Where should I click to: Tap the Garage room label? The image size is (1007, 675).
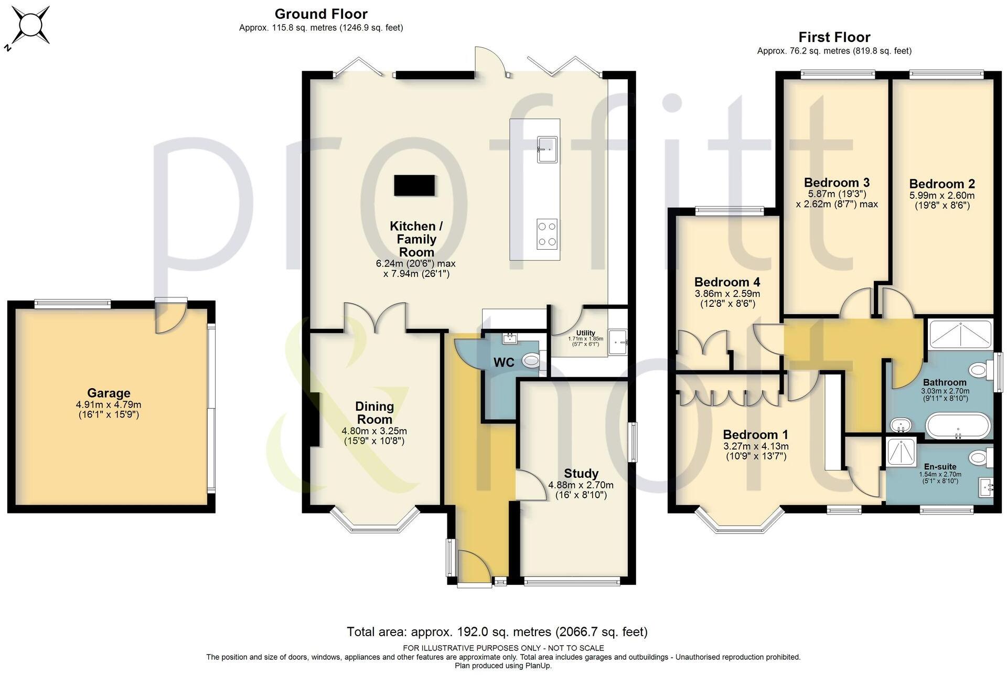click(109, 393)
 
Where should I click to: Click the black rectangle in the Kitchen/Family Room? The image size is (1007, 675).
click(414, 185)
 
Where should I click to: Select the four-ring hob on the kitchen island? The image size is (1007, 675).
click(547, 234)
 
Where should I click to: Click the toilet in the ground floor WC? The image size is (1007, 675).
click(531, 360)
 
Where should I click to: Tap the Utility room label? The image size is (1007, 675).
click(585, 333)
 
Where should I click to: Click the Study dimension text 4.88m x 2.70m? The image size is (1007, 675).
click(581, 485)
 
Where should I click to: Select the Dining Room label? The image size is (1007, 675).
click(374, 413)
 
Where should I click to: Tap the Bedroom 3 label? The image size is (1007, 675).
click(837, 183)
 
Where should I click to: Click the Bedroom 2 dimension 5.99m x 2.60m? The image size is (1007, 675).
click(942, 196)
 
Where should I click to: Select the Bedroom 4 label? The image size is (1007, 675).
click(727, 282)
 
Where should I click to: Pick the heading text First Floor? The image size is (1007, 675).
click(834, 37)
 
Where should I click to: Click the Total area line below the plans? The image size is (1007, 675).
click(497, 631)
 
